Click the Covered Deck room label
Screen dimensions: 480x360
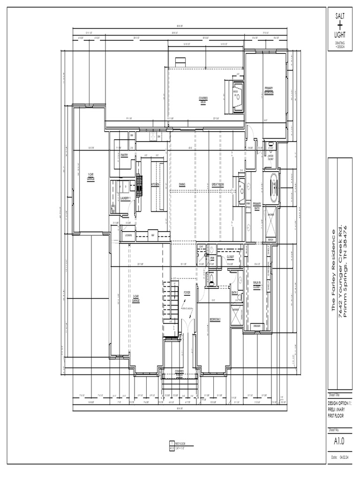click(203, 99)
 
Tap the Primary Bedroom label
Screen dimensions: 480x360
click(269, 90)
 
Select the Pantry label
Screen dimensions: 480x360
click(125, 155)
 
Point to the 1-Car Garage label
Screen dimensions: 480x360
click(91, 177)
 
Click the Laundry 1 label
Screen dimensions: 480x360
click(125, 198)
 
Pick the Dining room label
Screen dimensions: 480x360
click(182, 185)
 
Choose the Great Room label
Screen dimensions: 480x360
click(217, 185)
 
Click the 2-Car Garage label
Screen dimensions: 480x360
click(136, 298)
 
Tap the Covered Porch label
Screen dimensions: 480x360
click(179, 373)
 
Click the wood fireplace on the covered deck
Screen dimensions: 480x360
click(237, 96)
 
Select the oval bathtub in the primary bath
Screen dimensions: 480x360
click(272, 187)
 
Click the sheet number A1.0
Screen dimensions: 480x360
click(339, 441)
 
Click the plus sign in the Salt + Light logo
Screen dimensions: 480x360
click(339, 25)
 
